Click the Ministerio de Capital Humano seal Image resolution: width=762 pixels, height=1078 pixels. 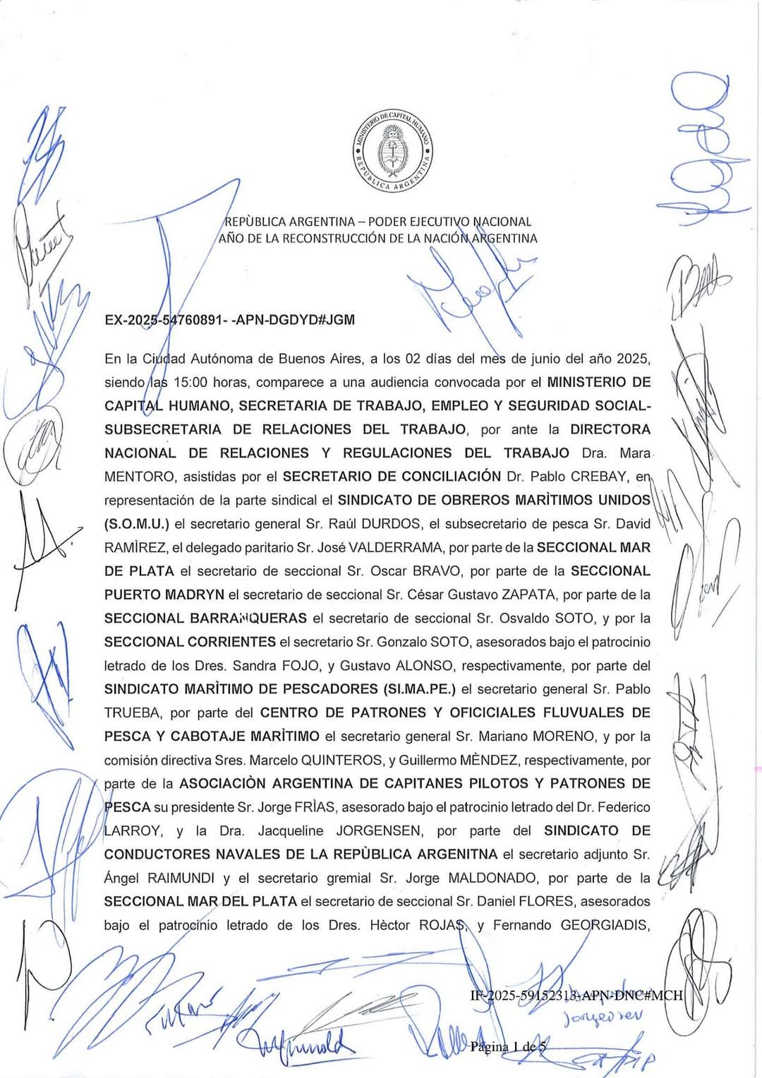[392, 150]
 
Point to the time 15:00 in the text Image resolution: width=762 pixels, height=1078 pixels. [190, 382]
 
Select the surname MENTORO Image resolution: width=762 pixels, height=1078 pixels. [133, 477]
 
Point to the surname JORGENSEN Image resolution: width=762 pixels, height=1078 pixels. [379, 831]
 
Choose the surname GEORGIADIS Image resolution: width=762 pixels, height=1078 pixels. [605, 925]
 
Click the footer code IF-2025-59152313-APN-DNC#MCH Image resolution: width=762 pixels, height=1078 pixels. [576, 996]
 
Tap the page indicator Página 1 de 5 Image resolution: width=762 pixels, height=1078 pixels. [508, 1046]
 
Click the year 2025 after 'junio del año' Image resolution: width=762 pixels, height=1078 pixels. [633, 358]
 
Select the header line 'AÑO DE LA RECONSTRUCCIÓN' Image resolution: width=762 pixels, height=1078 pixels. [377, 238]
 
